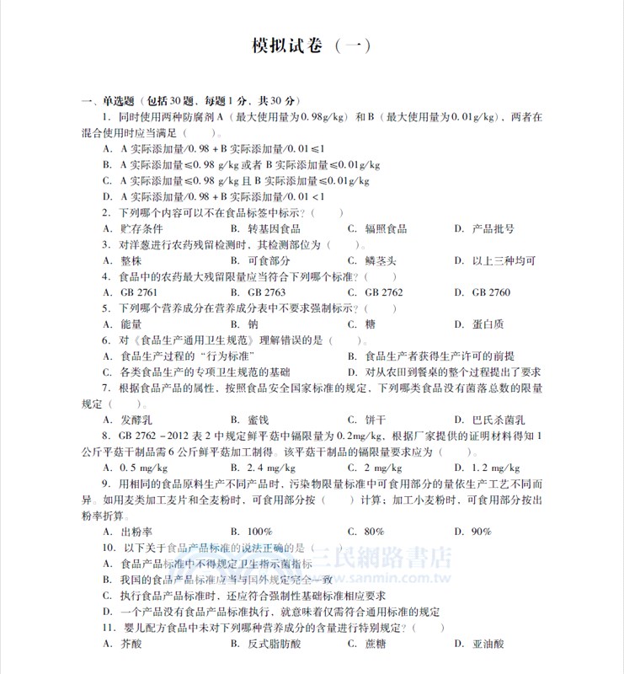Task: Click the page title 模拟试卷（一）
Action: [x=311, y=46]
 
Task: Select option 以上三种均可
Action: [x=503, y=260]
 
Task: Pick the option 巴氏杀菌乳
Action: [x=498, y=420]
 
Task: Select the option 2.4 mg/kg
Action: [x=267, y=468]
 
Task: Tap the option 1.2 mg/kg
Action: [x=493, y=468]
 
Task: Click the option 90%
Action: [x=481, y=532]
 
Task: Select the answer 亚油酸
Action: [x=488, y=644]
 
